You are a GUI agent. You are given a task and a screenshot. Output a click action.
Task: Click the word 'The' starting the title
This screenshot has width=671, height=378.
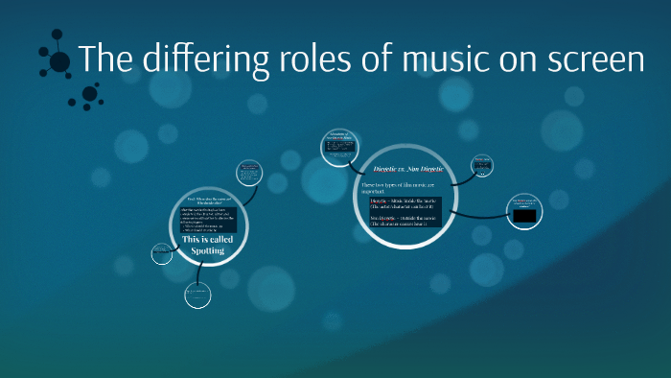click(x=103, y=59)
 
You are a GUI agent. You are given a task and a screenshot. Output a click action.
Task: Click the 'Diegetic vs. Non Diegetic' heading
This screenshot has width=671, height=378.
click(x=402, y=168)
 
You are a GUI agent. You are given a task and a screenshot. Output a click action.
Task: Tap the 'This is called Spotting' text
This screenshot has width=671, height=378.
click(x=203, y=245)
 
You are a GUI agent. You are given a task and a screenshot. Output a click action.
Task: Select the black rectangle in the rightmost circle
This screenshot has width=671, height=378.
click(x=523, y=217)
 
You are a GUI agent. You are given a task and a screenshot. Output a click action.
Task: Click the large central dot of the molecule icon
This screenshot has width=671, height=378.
click(x=59, y=62)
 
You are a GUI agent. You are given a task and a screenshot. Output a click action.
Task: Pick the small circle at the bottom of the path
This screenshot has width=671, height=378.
click(x=197, y=294)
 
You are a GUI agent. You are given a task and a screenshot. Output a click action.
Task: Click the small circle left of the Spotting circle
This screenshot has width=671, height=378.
click(x=161, y=253)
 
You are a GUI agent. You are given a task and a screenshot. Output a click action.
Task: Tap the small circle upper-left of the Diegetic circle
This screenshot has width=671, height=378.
click(x=340, y=148)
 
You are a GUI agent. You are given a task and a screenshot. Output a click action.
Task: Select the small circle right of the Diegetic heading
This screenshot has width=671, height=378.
click(x=481, y=165)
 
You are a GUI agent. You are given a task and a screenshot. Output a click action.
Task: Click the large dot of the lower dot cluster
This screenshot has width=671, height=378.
click(x=90, y=93)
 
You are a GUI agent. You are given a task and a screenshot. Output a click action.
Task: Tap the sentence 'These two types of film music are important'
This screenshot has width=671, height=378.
click(x=398, y=186)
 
